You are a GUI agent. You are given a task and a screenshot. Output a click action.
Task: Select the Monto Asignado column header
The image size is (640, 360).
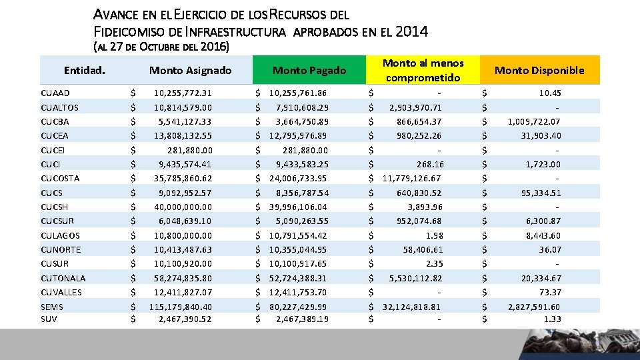coord(190,70)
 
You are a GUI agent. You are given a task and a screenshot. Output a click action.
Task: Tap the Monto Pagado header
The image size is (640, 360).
coord(309,70)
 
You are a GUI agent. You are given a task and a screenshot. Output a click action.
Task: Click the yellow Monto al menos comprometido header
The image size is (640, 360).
coord(423,70)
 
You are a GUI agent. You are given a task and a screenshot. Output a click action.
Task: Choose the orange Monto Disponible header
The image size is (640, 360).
coord(539,70)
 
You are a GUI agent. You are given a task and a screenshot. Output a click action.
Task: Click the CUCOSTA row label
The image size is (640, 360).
coord(60,179)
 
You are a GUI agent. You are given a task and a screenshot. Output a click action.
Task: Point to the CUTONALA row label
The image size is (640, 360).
coord(63,278)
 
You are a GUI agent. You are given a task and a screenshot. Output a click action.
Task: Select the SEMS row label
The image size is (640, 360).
coord(52,307)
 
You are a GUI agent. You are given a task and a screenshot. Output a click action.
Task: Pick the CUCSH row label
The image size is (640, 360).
coord(57,207)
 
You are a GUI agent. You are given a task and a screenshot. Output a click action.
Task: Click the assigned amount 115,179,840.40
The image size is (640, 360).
coord(181,307)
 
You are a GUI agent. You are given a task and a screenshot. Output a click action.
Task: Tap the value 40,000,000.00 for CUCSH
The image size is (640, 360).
coord(183,207)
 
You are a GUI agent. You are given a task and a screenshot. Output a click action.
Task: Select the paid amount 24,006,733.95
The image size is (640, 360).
coord(298,179)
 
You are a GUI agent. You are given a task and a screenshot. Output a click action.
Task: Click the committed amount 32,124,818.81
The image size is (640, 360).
coord(411,307)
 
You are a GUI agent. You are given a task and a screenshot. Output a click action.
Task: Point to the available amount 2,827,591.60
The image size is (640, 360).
coord(534,307)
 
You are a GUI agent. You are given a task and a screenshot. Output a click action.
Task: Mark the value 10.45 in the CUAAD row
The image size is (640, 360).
coord(550,93)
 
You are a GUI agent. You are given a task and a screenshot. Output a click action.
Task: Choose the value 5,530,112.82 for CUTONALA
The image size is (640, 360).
coord(415,278)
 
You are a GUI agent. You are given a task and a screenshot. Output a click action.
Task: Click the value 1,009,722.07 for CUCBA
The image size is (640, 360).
coord(534,121)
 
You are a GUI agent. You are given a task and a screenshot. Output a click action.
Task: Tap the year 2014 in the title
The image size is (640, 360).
coord(411,31)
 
